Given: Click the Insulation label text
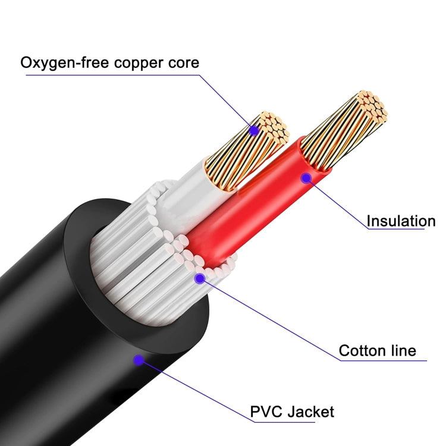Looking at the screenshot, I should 401,221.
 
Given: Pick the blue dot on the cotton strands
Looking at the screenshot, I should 200,277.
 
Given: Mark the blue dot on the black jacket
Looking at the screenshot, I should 139,359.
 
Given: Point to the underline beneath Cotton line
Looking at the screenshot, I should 381,361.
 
